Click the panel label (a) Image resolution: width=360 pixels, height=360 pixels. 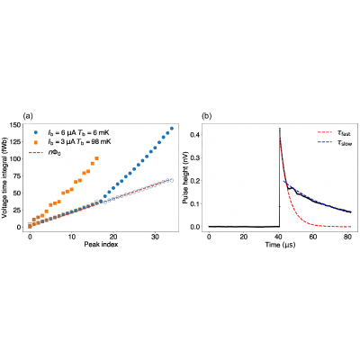click(28, 116)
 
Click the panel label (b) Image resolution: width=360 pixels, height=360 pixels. click(207, 116)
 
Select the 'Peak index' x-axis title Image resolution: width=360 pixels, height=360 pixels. click(101, 244)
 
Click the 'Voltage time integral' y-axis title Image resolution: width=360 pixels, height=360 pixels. click(5, 175)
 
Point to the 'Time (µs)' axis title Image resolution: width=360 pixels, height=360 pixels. click(280, 245)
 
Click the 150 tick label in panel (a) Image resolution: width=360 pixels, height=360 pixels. click(15, 125)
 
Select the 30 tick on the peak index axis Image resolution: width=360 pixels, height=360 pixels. click(155, 236)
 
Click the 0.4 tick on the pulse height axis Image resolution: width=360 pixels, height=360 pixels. click(196, 135)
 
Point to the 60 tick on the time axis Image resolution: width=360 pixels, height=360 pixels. click(313, 237)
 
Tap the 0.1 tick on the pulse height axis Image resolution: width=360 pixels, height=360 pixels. click(196, 204)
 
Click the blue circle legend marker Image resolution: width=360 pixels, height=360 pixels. click(36, 132)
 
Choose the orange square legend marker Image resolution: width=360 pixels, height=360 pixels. click(36, 142)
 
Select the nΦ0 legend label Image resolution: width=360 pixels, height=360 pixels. click(55, 153)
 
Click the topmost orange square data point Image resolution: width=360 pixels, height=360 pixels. click(96, 158)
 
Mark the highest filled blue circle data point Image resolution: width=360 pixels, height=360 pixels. click(172, 129)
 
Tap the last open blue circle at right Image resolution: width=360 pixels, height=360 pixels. click(172, 180)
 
